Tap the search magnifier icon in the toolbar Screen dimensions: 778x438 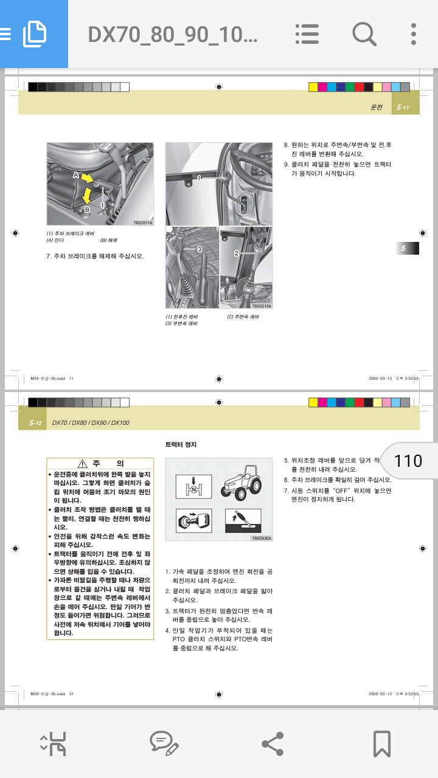click(364, 34)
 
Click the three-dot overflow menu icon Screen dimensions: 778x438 click(414, 34)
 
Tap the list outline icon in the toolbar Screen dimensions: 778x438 click(307, 34)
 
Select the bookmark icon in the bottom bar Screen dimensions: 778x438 click(381, 743)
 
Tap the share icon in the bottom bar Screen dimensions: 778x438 click(271, 743)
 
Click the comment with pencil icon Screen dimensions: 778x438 click(164, 743)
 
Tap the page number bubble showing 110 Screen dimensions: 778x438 click(408, 461)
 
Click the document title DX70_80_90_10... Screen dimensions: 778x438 click(173, 35)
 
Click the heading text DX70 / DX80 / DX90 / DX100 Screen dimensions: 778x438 click(91, 422)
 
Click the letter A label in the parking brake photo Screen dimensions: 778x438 click(77, 174)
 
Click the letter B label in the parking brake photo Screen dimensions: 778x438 click(87, 210)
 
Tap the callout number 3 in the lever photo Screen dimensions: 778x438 click(199, 249)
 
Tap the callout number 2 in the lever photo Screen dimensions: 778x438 click(236, 253)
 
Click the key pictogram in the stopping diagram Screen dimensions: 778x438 click(193, 520)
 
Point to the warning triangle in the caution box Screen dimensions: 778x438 click(83, 464)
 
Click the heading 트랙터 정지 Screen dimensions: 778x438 click(181, 445)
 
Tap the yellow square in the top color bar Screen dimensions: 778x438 click(313, 87)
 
